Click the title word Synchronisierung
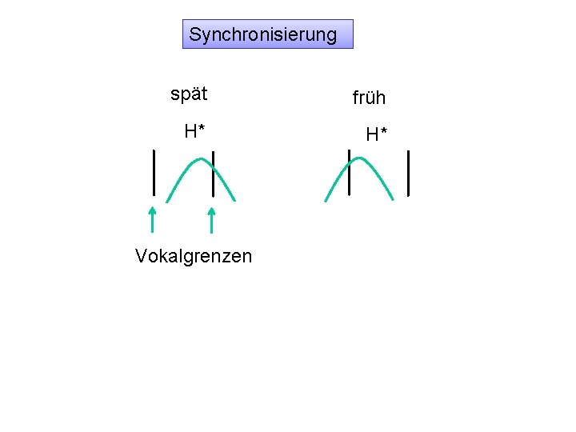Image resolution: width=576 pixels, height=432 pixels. (x=263, y=35)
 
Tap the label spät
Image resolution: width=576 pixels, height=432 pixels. (x=189, y=94)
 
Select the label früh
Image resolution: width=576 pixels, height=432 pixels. (x=369, y=98)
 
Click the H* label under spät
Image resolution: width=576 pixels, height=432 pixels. (x=194, y=131)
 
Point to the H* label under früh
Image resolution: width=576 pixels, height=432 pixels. (x=376, y=134)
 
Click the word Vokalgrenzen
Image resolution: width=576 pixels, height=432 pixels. (x=194, y=256)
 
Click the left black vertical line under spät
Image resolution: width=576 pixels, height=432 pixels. (x=154, y=171)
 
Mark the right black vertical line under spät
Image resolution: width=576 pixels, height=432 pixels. (x=213, y=173)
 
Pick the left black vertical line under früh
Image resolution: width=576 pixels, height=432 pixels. (x=349, y=171)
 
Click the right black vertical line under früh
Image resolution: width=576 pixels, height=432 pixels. (x=408, y=173)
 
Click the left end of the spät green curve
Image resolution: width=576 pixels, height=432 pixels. (x=167, y=201)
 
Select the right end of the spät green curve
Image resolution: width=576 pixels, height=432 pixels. (x=235, y=200)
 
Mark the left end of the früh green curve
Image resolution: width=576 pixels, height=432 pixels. (x=325, y=201)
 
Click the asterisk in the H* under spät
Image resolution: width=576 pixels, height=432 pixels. (x=201, y=128)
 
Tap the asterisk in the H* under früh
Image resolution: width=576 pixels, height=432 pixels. (x=383, y=131)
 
